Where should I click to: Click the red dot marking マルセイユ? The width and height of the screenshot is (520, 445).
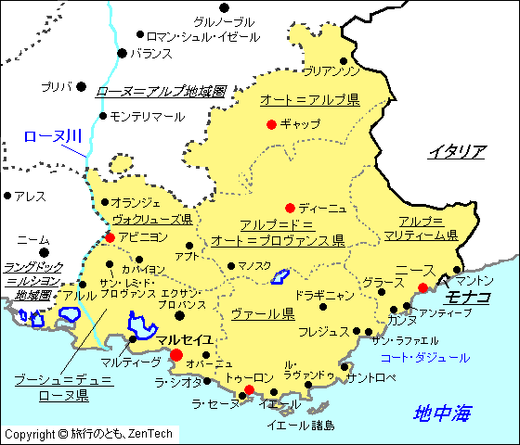coord(175,354)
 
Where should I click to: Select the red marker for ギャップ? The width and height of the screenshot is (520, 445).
coord(271,124)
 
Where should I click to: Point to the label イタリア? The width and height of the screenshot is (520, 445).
coord(457,151)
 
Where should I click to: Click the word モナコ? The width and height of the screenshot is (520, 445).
coord(468,297)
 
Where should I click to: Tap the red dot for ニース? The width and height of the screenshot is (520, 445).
coord(423,287)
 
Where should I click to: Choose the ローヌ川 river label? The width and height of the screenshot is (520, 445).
coord(52,136)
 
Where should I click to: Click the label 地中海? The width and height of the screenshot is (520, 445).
coord(443,413)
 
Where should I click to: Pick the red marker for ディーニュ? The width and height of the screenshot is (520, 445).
coord(290,208)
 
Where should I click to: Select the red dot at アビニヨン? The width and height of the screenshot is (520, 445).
coord(110,237)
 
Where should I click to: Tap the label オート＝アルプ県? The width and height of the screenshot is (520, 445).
coord(309,99)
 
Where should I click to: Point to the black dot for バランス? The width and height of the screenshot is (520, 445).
coord(122,53)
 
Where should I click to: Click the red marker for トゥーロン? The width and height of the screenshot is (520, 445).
coord(248,389)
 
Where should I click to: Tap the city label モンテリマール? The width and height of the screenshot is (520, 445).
coord(147,117)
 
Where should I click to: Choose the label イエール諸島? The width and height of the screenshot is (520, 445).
coord(301,426)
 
